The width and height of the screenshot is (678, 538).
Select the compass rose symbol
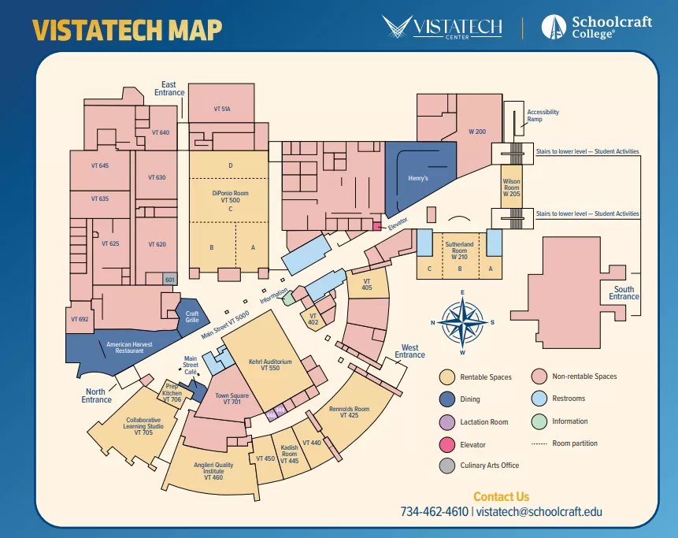(x=463, y=321)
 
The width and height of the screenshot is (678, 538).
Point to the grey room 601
(x=169, y=279)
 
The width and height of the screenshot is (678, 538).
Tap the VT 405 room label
(x=367, y=284)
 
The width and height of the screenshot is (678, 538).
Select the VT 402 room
(x=313, y=318)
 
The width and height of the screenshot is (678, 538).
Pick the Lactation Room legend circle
(x=446, y=421)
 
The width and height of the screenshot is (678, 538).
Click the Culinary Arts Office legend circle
(x=446, y=466)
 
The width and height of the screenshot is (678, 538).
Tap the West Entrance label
(x=409, y=351)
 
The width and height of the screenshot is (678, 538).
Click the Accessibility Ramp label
(x=543, y=116)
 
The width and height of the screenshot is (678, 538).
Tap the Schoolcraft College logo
(x=596, y=27)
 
